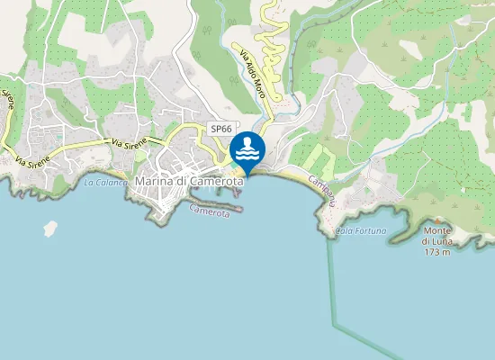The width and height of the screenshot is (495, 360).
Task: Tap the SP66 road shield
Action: pos(220,129)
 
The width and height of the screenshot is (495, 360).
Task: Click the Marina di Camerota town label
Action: pos(189,181)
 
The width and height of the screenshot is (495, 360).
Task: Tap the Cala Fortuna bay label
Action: pos(360,231)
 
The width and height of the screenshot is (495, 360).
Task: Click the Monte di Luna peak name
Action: pos(437,241)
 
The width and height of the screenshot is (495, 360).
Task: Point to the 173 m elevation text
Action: pos(437,251)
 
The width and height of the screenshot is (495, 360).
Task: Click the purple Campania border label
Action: pos(321,191)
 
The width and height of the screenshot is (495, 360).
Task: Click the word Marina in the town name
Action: pos(154,181)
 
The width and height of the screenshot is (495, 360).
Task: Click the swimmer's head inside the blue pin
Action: pos(247,141)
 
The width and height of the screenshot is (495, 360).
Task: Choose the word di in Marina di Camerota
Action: pos(180,181)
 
